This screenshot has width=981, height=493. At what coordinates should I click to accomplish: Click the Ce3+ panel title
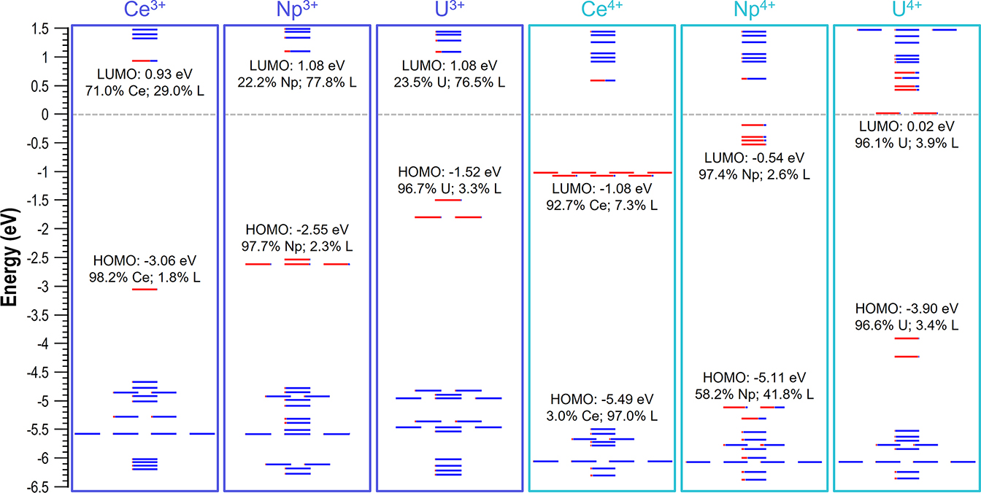145,11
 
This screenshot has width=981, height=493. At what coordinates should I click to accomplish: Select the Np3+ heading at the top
297,11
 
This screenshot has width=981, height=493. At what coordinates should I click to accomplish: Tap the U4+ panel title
906,11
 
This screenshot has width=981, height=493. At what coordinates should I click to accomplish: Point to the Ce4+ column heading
602,11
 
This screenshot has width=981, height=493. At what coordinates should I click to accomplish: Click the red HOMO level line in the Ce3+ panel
145,290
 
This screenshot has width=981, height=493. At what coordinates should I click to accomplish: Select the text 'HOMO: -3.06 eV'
145,260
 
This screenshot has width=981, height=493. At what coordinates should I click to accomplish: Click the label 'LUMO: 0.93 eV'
145,74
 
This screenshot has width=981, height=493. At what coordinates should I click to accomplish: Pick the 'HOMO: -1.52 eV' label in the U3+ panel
450,173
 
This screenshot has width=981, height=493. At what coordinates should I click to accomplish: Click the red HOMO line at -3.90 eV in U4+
907,338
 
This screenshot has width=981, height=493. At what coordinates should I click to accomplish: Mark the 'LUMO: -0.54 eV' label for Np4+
755,158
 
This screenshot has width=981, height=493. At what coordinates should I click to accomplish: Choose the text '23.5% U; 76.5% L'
450,82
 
